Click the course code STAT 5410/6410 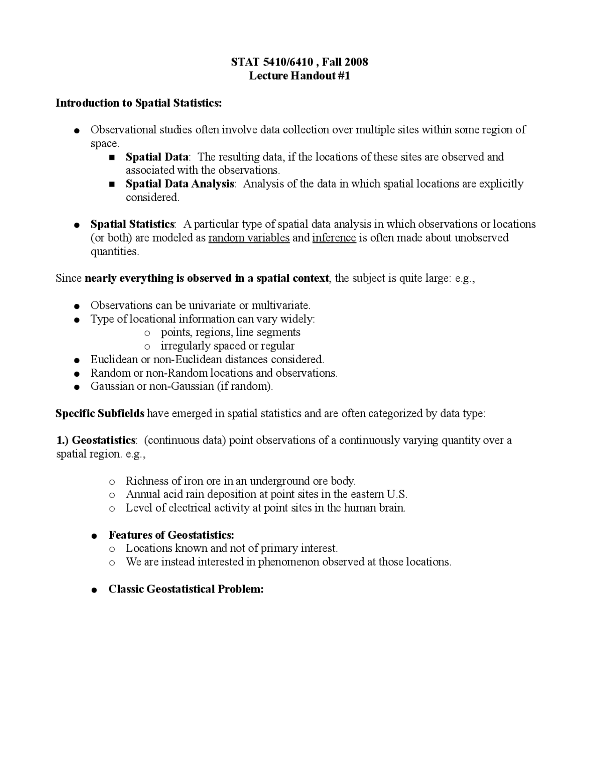272,62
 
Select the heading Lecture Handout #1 299,75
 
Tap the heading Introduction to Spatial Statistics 139,102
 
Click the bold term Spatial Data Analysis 180,183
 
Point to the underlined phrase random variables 249,238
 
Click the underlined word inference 334,238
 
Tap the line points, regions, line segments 230,332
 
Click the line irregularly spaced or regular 227,346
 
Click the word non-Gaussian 182,387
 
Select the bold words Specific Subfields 100,413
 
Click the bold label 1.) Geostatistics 96,440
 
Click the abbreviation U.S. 397,494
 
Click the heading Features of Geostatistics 171,535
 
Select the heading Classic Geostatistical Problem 186,589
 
